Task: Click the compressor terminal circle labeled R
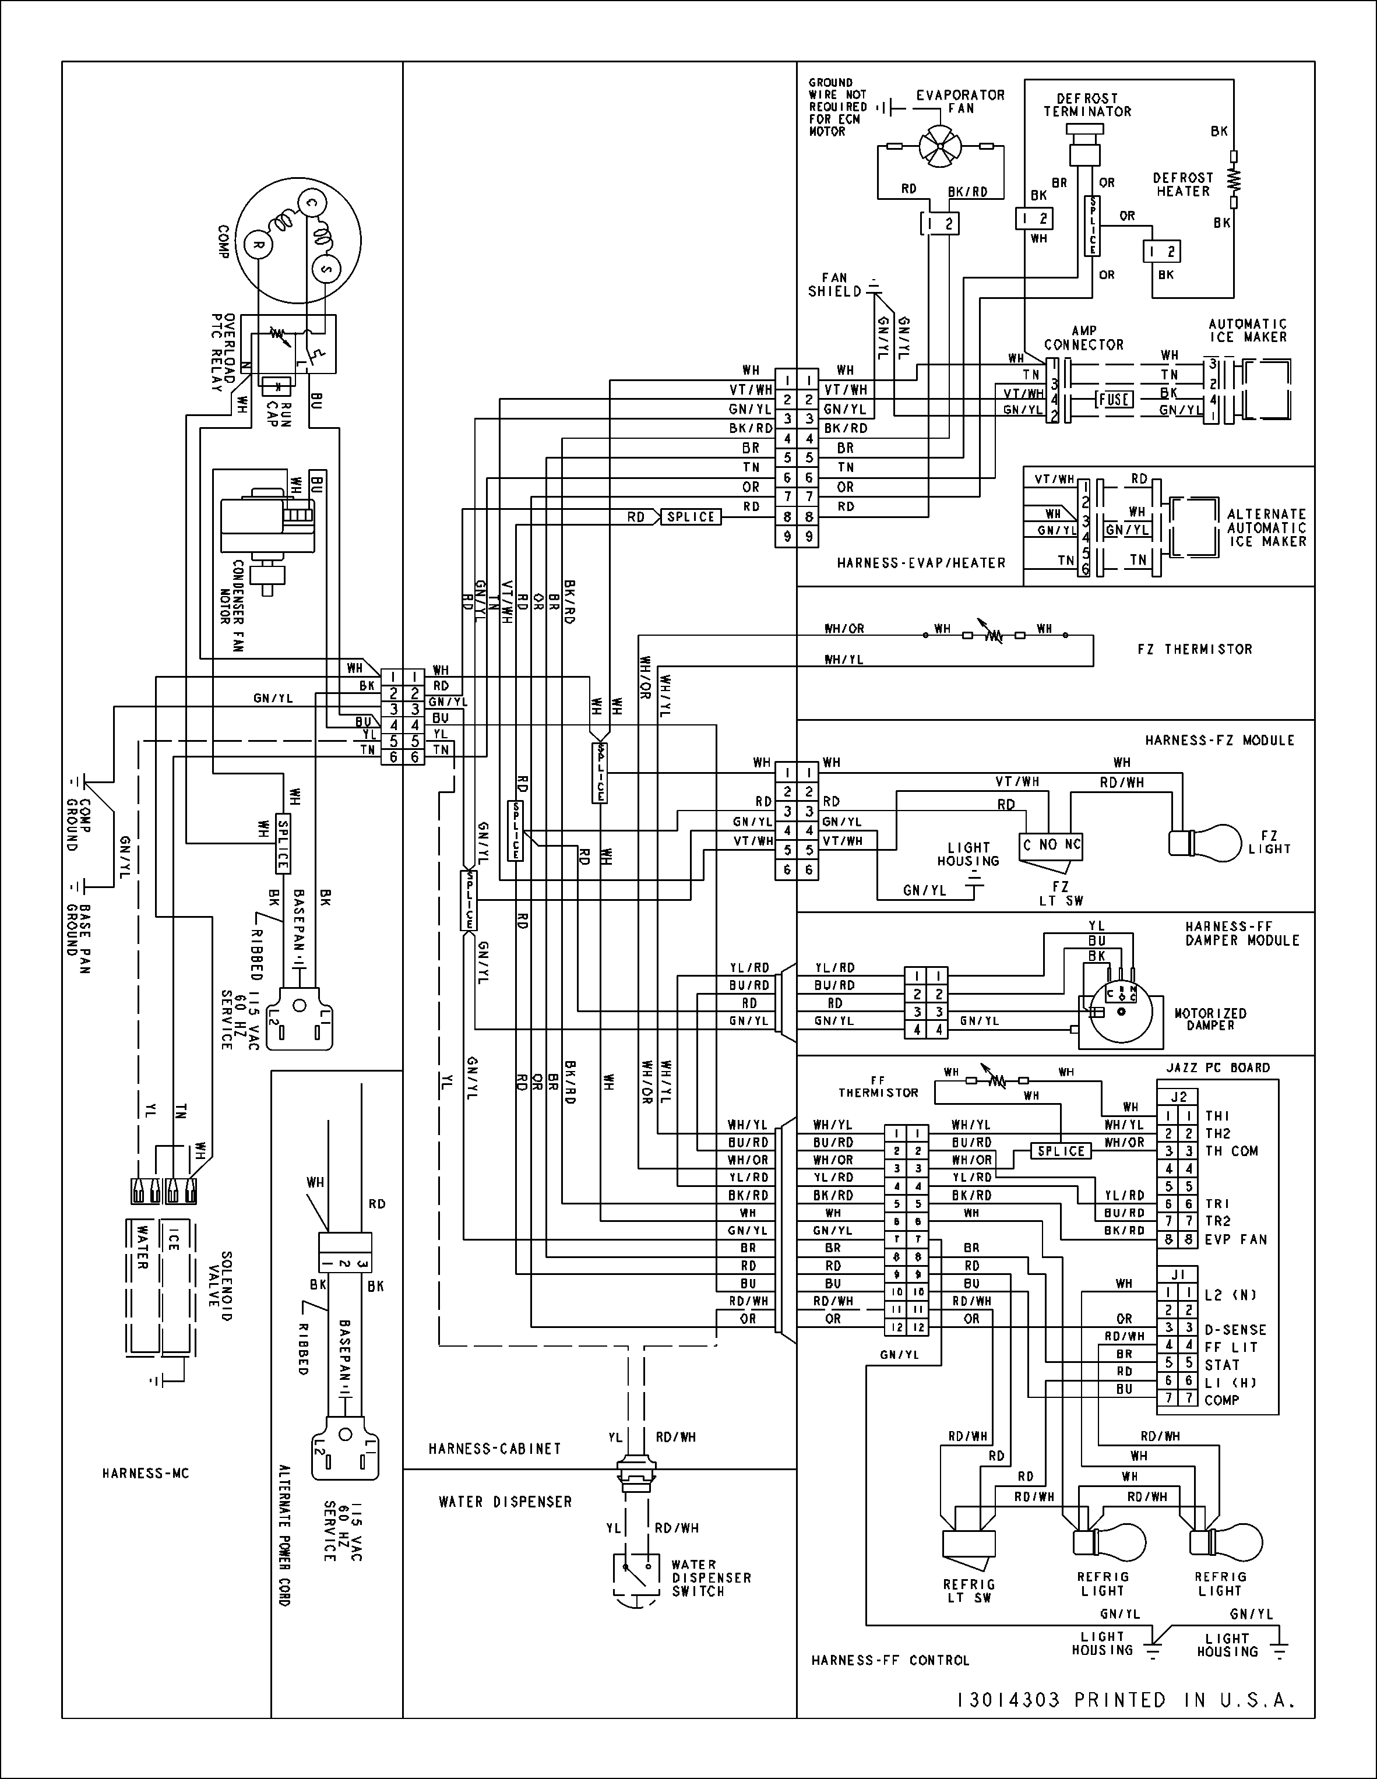258,244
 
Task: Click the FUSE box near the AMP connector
1114,399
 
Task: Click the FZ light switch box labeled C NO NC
1051,845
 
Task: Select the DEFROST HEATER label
1182,184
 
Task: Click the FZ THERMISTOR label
1195,649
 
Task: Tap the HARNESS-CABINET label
495,1448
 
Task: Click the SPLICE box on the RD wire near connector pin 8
690,516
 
